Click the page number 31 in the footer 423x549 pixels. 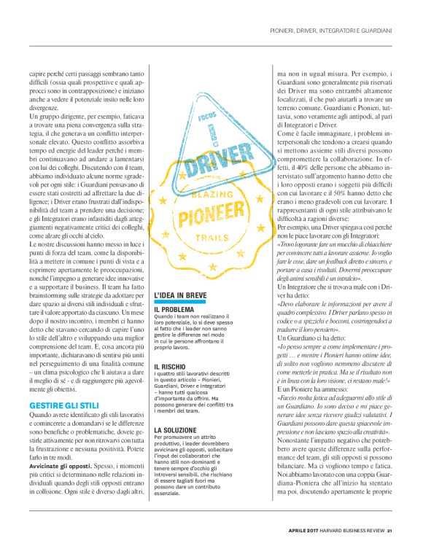pyautogui.click(x=390, y=529)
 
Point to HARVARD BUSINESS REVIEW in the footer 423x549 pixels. pyautogui.click(x=349, y=529)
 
